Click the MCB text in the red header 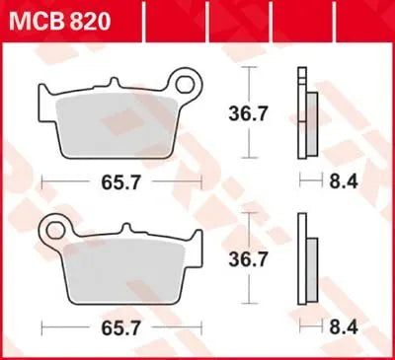34,19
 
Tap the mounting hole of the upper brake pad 182,78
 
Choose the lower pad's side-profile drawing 306,258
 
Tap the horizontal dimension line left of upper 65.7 64,182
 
